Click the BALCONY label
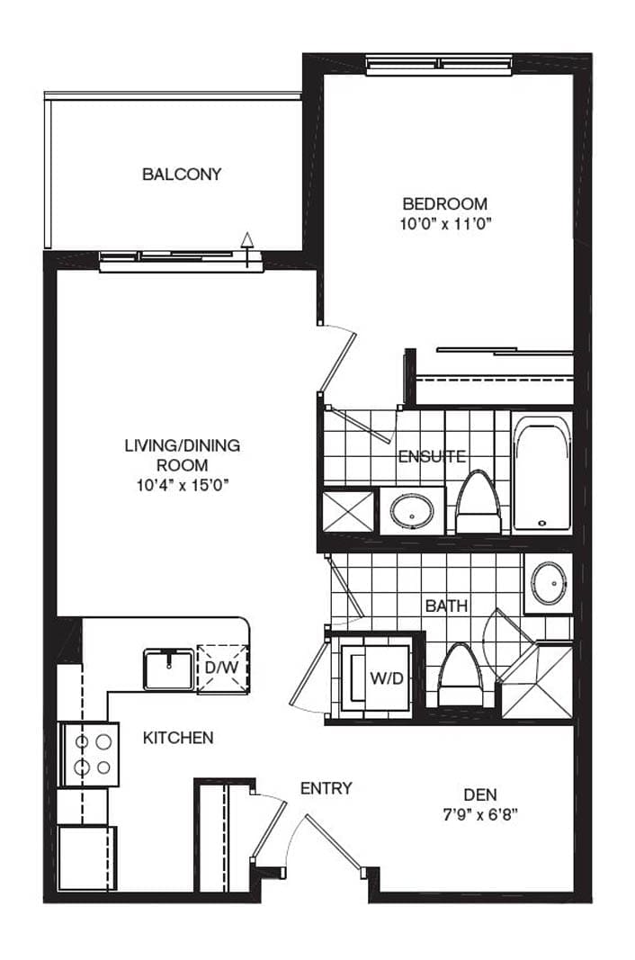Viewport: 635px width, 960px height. click(x=182, y=175)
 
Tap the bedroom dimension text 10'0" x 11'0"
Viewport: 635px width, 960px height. click(x=446, y=223)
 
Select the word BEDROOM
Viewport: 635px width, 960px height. click(x=445, y=203)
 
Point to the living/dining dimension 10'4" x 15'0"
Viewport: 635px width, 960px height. click(x=182, y=486)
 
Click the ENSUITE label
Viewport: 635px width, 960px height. click(x=432, y=457)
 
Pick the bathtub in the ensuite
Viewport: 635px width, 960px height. click(x=542, y=473)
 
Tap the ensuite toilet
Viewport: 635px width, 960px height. click(x=478, y=502)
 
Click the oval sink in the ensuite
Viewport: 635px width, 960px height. click(x=413, y=511)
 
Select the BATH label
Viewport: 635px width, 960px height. click(x=446, y=606)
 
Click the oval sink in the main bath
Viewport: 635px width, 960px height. click(x=549, y=583)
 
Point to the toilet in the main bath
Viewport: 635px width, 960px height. click(x=461, y=676)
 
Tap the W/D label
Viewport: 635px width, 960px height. click(x=387, y=678)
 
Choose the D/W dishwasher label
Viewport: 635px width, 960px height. click(x=221, y=668)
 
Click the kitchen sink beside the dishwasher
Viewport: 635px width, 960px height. click(x=169, y=669)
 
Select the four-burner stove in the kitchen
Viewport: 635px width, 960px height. click(x=88, y=754)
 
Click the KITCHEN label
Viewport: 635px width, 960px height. click(x=178, y=739)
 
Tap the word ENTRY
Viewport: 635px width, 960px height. click(x=326, y=788)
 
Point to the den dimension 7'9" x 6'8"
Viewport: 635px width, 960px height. click(x=480, y=815)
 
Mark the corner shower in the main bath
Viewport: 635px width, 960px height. click(x=537, y=680)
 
